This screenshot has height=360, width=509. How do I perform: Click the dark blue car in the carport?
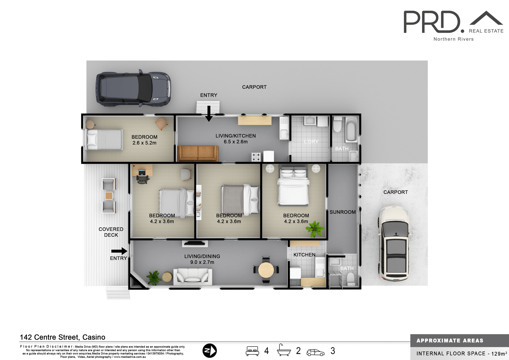[133, 89]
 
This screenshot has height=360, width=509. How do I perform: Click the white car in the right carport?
[394, 243]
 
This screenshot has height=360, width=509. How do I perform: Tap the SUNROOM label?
[343, 212]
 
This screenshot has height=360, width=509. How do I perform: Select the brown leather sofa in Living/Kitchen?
[198, 153]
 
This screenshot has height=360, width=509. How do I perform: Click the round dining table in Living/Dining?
[266, 270]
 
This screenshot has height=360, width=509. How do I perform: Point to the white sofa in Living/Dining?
[193, 276]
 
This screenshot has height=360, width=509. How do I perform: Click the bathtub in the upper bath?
[351, 130]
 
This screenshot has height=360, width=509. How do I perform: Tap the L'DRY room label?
[311, 142]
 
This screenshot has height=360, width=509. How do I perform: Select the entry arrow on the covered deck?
[119, 251]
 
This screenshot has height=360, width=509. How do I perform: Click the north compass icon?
[209, 350]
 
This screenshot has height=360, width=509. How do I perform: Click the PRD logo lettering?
[432, 22]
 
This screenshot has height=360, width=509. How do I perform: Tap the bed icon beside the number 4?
[252, 351]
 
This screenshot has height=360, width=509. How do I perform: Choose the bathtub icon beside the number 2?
[284, 350]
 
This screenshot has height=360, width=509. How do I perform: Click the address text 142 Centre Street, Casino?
[63, 337]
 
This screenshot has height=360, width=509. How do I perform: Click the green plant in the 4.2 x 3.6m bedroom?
[315, 228]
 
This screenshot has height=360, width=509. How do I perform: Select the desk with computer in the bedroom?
[142, 171]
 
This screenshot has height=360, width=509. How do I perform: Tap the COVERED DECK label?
[111, 232]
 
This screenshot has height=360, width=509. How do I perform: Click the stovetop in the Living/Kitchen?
[256, 157]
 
